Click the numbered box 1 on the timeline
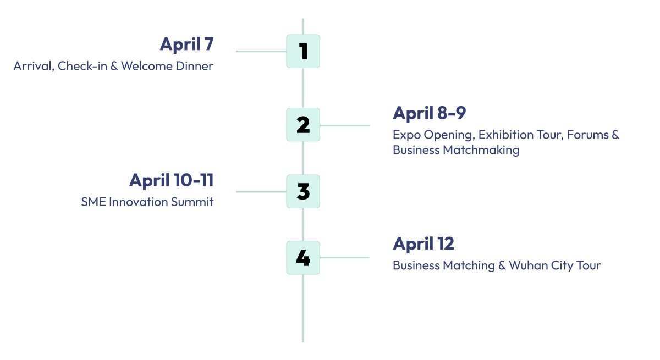303,51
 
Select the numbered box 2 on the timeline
303,125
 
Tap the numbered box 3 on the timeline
303,191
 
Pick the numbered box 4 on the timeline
303,258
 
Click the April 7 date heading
186,45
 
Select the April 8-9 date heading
429,113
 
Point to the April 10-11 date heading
171,180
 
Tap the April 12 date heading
423,243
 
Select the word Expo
405,135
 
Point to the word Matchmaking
481,150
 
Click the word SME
93,202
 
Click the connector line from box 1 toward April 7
261,52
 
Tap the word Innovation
137,202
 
